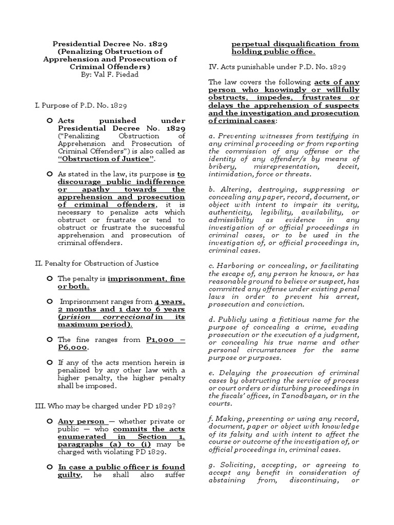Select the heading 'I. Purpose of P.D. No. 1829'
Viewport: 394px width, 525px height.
pos(77,105)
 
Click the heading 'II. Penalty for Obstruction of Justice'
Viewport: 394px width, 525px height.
pos(96,264)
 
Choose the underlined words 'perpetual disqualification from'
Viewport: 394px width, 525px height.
pos(295,44)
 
